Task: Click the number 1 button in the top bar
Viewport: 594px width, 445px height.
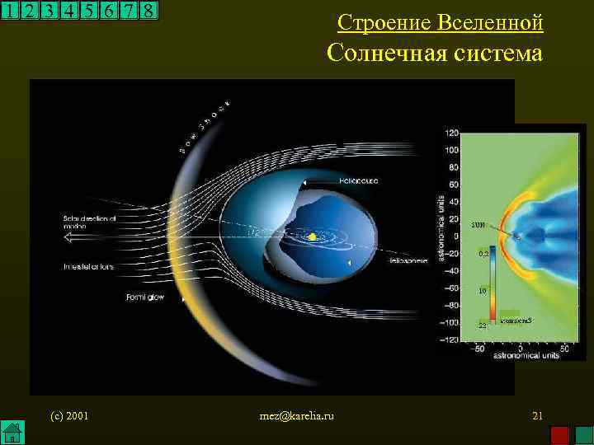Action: (x=10, y=11)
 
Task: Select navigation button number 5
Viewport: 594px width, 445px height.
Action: (x=88, y=11)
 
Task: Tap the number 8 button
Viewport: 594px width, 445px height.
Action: (x=148, y=11)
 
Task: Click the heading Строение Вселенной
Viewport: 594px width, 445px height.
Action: (x=441, y=22)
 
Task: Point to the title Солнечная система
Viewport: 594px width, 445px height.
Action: (x=435, y=54)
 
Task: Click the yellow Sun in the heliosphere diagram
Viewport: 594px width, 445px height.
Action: (x=313, y=237)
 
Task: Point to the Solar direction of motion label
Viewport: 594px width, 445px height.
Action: (x=90, y=222)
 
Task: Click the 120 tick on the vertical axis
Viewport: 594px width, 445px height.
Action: (x=451, y=133)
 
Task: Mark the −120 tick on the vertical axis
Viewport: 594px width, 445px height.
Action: (x=450, y=339)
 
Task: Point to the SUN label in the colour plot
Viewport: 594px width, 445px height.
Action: (x=478, y=223)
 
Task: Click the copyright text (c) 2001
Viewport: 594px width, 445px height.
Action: (x=69, y=415)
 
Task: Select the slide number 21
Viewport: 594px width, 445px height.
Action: (x=537, y=415)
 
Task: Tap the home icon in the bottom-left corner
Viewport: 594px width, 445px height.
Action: (x=12, y=432)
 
